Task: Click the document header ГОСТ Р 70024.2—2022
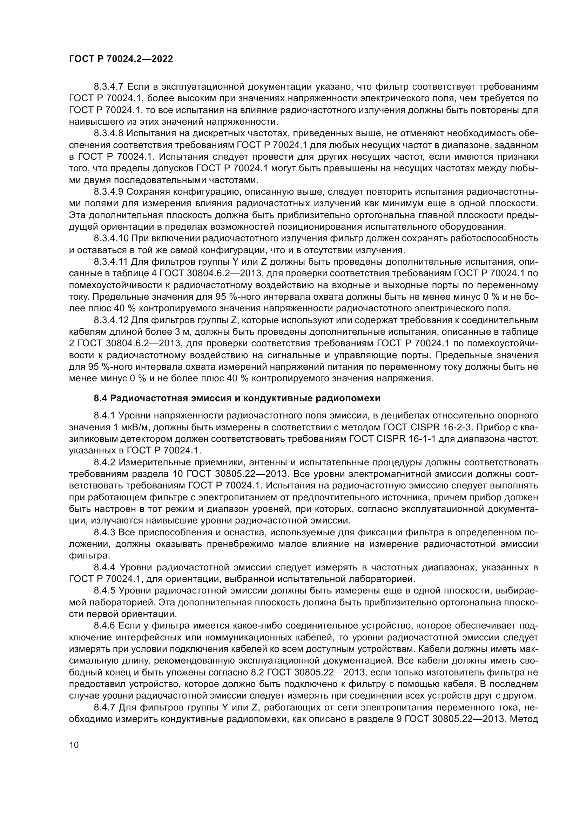tap(121, 59)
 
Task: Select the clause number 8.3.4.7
tap(109, 87)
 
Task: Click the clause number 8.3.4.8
tap(109, 133)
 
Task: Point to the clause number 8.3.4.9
tap(109, 192)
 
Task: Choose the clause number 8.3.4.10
tap(111, 239)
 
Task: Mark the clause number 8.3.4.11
tap(110, 262)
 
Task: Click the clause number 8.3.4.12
tap(111, 320)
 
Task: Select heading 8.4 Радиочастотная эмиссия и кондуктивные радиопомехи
tap(237, 398)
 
